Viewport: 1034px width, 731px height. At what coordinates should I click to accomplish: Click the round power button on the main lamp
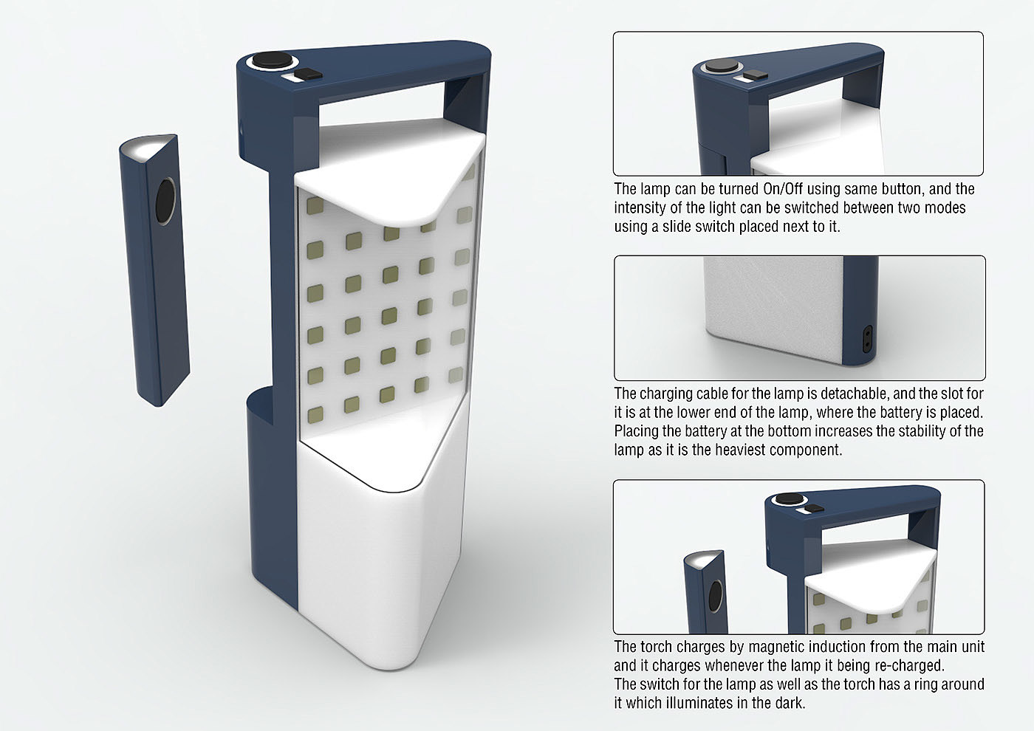[273, 61]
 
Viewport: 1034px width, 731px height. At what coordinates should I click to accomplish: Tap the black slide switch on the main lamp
[309, 75]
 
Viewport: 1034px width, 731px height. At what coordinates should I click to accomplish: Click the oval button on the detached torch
[165, 201]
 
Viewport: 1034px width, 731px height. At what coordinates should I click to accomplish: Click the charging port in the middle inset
[867, 339]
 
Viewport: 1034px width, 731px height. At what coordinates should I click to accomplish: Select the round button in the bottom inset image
[790, 499]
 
